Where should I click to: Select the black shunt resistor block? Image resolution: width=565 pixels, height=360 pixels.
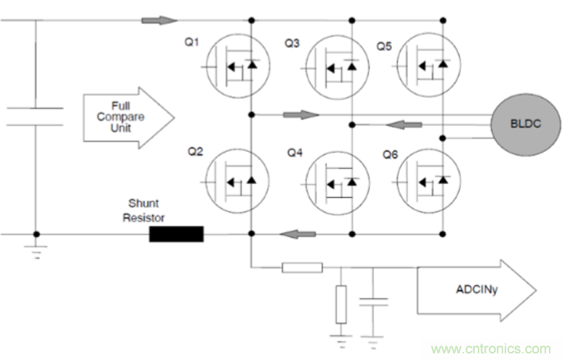click(176, 234)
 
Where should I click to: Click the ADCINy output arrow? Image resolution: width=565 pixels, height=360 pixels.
click(476, 292)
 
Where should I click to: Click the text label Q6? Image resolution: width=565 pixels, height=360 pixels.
click(390, 154)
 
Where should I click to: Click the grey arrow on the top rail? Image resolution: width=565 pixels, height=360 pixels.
click(159, 20)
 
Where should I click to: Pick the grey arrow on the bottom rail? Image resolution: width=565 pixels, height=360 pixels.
click(297, 234)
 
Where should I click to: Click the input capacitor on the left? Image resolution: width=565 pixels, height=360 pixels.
click(35, 116)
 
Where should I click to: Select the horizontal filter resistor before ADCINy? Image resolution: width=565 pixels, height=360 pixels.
click(301, 268)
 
